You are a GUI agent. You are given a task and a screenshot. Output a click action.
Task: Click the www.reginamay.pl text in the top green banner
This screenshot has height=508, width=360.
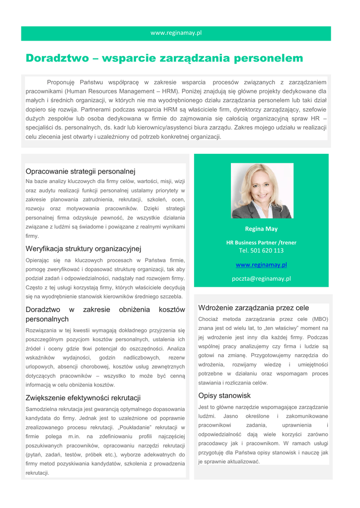tap(176, 33)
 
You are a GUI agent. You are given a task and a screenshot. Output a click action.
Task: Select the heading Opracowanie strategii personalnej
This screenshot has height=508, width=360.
tap(80, 172)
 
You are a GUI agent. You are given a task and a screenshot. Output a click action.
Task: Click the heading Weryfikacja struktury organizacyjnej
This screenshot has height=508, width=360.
tap(83, 249)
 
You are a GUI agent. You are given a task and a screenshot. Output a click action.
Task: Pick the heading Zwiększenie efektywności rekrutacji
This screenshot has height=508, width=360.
tap(83, 398)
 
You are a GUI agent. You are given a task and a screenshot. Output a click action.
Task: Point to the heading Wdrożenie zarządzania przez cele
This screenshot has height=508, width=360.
tap(253, 308)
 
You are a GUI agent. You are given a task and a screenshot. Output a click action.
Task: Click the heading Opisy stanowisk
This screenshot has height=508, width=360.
tap(224, 396)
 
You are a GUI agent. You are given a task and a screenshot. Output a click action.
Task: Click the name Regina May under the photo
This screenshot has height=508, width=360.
tap(261, 229)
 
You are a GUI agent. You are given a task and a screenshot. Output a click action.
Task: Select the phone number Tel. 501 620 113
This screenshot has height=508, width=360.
tap(261, 251)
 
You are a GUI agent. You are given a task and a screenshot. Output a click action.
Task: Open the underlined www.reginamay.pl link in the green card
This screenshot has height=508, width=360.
tap(261, 265)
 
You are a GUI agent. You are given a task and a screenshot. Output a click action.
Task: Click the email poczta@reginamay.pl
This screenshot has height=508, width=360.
tap(261, 279)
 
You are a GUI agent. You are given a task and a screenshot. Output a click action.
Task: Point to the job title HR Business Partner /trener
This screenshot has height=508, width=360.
tap(261, 243)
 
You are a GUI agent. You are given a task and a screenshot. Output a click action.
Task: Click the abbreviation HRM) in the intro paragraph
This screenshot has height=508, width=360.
tap(170, 91)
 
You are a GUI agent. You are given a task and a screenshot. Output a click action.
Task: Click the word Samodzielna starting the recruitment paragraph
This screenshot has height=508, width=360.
tap(42, 409)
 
